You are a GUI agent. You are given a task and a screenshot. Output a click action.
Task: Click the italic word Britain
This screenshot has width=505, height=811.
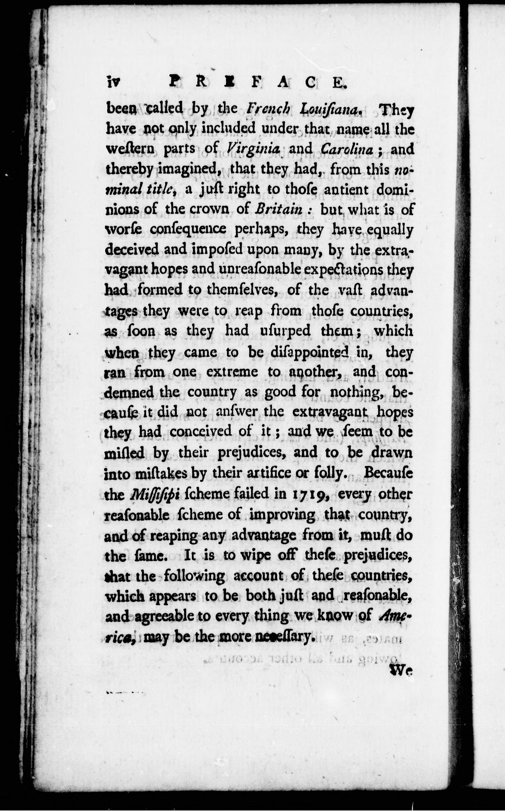click(x=284, y=209)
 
